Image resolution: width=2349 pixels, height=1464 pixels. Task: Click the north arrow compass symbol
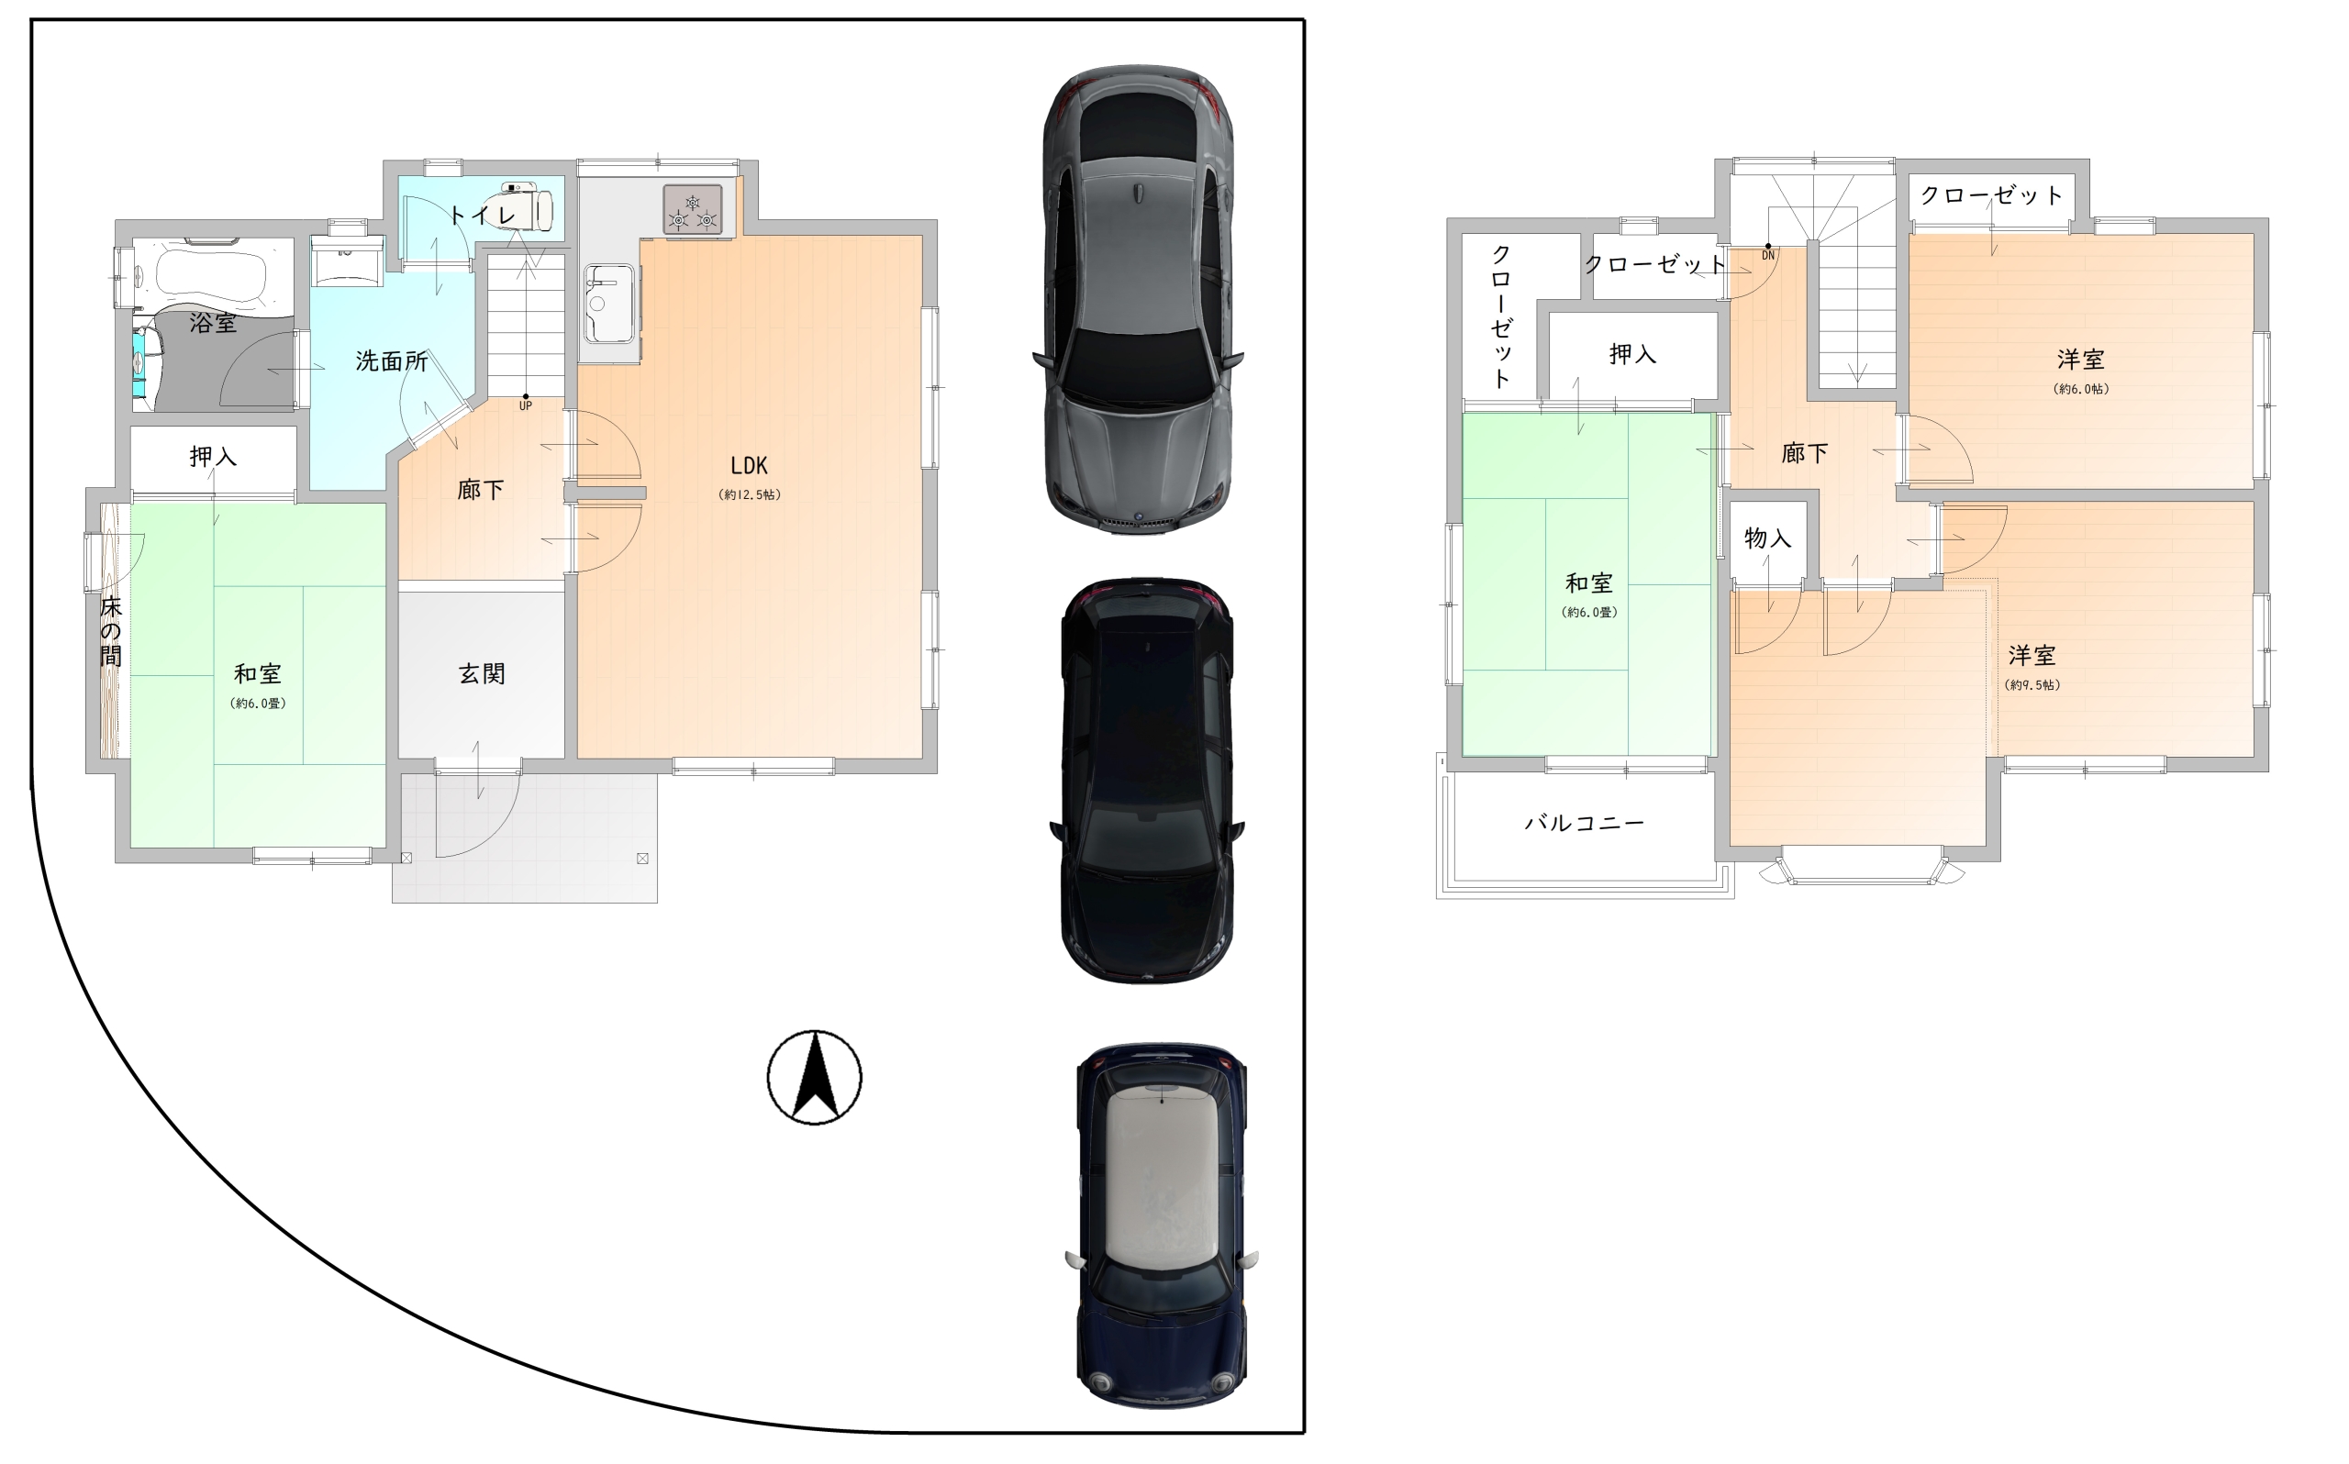(x=814, y=1078)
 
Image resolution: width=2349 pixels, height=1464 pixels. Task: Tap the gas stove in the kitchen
(x=692, y=209)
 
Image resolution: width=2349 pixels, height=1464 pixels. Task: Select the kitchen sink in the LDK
(x=609, y=304)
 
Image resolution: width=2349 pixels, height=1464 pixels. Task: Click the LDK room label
(x=749, y=466)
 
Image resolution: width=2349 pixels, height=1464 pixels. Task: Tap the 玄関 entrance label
(x=481, y=674)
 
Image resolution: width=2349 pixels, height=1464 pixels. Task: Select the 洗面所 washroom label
(x=391, y=361)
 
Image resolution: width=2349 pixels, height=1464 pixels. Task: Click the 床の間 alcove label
(x=110, y=631)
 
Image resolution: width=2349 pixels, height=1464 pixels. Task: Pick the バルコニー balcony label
(x=1584, y=823)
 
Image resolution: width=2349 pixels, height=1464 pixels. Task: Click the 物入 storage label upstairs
(x=1767, y=538)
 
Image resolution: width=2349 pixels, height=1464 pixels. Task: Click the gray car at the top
(x=1139, y=299)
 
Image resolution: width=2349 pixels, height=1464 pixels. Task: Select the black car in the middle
(x=1147, y=781)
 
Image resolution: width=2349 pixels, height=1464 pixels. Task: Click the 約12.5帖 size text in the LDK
(x=750, y=494)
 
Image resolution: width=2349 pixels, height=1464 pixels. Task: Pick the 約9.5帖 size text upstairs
(x=2032, y=684)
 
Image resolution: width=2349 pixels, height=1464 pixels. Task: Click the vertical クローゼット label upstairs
(x=1501, y=316)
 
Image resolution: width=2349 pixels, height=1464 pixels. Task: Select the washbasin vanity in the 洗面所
(x=347, y=261)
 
